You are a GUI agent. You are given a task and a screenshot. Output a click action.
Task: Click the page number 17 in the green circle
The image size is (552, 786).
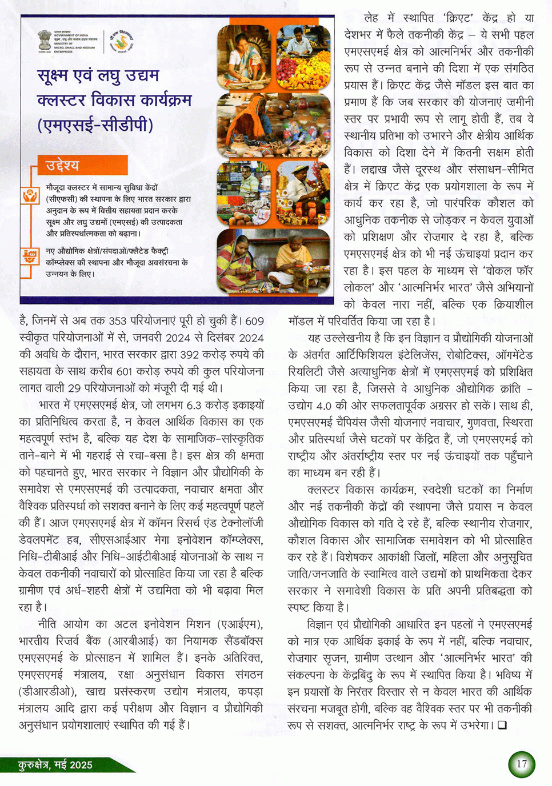(521, 764)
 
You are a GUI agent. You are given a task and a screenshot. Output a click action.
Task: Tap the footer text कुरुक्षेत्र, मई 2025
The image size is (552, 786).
(55, 765)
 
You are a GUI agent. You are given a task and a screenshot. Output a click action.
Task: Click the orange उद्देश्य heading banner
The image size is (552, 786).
(82, 166)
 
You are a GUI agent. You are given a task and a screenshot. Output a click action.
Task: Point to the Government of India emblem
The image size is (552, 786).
(44, 41)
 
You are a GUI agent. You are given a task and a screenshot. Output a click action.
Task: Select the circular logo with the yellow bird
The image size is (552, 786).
(121, 42)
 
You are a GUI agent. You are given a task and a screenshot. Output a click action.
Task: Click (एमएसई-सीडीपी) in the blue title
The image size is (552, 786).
(95, 125)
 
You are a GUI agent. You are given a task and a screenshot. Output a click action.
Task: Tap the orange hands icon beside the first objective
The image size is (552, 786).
(30, 196)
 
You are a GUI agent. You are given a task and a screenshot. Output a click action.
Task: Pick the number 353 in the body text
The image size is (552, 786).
(117, 321)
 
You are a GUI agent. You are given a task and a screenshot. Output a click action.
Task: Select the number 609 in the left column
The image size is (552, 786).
(254, 321)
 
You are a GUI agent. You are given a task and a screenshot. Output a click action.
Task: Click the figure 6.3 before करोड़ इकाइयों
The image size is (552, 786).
(194, 405)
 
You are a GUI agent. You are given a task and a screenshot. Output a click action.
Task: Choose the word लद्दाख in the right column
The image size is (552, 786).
(375, 170)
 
